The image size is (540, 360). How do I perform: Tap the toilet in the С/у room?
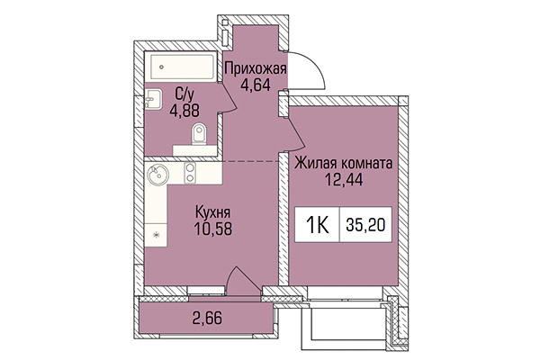point(200,135)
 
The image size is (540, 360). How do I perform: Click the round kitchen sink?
point(159,173)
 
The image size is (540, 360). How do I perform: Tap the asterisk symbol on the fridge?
point(157,236)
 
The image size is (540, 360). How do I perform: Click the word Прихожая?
point(256,68)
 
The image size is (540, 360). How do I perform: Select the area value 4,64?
point(256,86)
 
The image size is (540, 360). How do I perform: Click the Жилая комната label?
point(343,164)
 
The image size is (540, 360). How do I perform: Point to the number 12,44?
point(343,181)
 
